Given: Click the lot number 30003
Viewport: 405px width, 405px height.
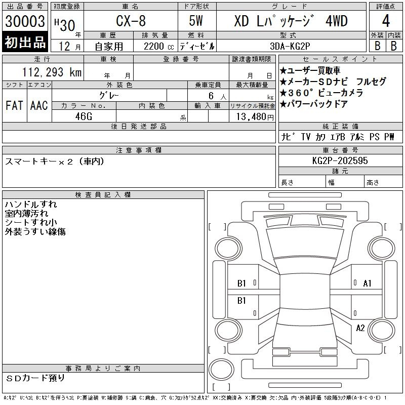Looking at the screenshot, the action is [x=25, y=21].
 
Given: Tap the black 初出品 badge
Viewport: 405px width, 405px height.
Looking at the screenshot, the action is [x=25, y=42].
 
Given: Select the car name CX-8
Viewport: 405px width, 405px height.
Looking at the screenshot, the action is [x=131, y=21].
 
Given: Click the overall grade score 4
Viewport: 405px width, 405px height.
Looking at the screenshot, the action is [x=386, y=21].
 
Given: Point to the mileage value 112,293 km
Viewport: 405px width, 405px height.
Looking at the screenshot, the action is [x=52, y=72].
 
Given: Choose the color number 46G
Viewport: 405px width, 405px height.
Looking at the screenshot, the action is [x=84, y=116].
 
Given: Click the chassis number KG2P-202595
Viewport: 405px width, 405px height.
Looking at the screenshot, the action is [x=340, y=160].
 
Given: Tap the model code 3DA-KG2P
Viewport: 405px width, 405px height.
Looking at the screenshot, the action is [x=290, y=46].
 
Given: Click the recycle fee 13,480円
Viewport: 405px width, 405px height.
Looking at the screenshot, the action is [x=255, y=117].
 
